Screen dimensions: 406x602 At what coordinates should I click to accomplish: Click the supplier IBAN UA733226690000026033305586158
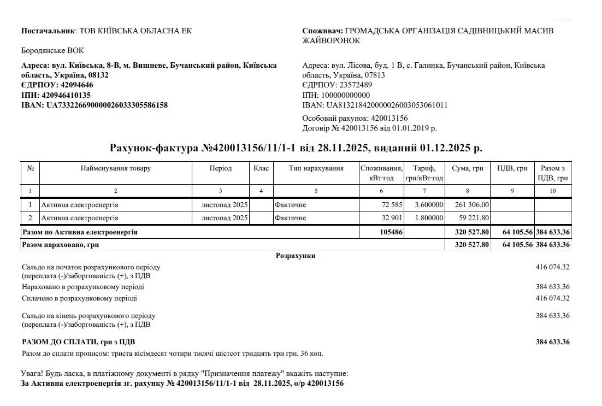pos(107,105)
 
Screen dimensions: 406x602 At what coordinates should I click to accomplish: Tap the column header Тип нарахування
pos(316,168)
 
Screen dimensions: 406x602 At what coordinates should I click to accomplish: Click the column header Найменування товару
pos(116,168)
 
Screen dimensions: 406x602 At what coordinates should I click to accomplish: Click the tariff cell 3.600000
pos(428,205)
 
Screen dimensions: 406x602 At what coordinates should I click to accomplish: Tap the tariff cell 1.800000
pos(428,218)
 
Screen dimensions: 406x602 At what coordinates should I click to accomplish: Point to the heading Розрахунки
pos(296,256)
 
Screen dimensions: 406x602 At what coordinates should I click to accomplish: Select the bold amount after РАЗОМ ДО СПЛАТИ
pos(552,342)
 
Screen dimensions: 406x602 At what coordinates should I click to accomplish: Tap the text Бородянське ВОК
pos(52,51)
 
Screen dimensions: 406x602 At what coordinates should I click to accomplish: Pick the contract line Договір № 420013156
pos(369,128)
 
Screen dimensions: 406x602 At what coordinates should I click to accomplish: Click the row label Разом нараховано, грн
pos(60,245)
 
